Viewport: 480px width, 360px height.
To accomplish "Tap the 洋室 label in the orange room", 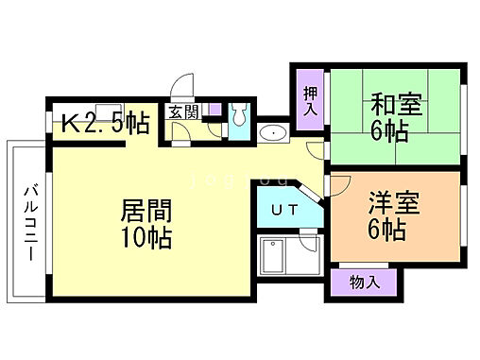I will pos(393,202).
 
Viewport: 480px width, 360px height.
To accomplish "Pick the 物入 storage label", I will pos(364,281).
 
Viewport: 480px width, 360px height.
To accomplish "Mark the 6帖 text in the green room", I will pos(389,132).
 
